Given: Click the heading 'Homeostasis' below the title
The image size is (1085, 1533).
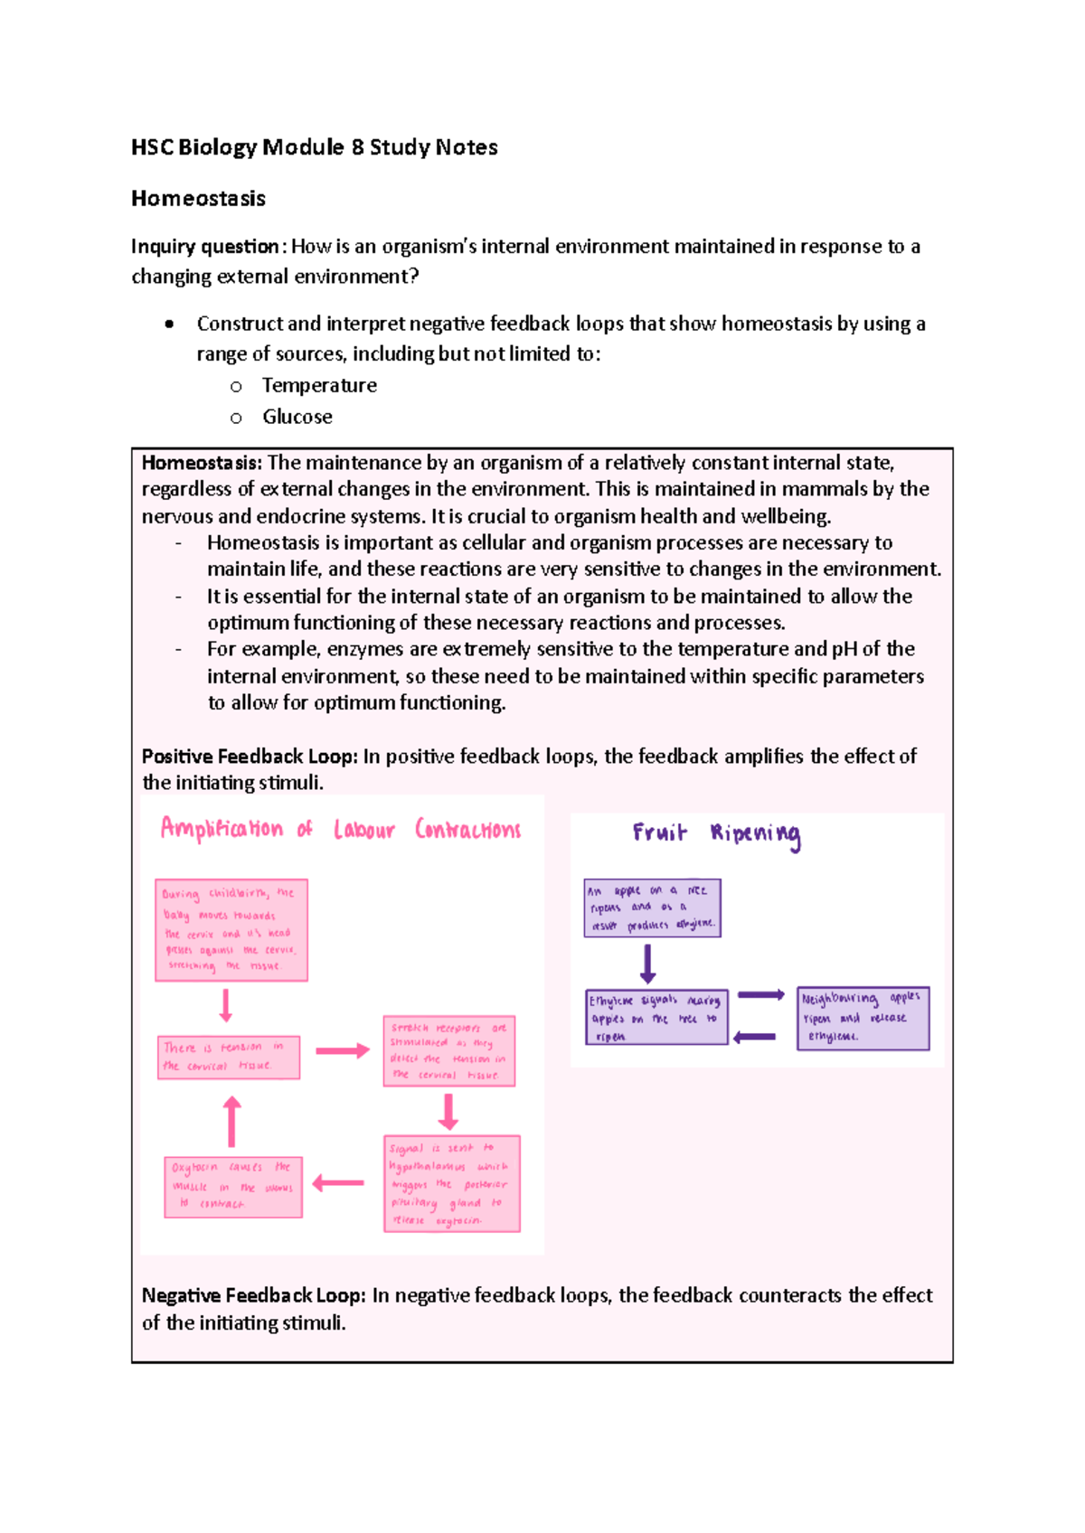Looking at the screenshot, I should [x=198, y=199].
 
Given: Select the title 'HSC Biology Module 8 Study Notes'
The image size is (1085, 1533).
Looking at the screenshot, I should [x=314, y=147].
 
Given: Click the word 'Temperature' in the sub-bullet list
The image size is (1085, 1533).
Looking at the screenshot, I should [x=319, y=386].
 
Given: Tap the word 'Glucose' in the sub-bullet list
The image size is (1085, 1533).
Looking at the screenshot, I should [x=297, y=418].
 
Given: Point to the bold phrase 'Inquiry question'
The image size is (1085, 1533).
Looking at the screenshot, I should [x=205, y=247].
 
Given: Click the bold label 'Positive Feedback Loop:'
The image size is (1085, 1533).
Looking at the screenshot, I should [x=250, y=757].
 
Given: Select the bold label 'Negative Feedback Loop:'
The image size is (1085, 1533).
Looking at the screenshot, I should [x=253, y=1296].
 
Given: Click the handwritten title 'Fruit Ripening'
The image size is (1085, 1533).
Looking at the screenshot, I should [x=716, y=833].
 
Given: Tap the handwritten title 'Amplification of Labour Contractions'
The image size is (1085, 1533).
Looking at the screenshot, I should [x=340, y=830].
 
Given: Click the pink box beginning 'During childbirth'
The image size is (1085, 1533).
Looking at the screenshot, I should [x=231, y=930].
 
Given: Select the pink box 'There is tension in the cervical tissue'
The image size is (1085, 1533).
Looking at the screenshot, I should [x=229, y=1058].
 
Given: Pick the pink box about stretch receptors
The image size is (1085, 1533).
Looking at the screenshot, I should [x=449, y=1051].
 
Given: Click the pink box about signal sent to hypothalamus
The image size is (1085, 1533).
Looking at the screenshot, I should [x=451, y=1183].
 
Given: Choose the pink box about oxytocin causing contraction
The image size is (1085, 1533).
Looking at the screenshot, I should [x=233, y=1187].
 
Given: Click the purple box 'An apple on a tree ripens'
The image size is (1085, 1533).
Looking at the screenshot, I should [x=652, y=908].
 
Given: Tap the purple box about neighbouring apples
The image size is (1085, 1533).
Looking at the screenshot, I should [x=863, y=1019].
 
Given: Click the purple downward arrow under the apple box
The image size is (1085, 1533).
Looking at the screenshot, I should [x=647, y=964].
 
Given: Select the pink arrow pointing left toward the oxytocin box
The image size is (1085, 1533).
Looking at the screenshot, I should [x=338, y=1183].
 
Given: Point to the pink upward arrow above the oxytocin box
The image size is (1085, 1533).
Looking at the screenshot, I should [x=232, y=1122].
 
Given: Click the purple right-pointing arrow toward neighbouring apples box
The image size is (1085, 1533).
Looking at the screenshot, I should [x=760, y=995].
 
